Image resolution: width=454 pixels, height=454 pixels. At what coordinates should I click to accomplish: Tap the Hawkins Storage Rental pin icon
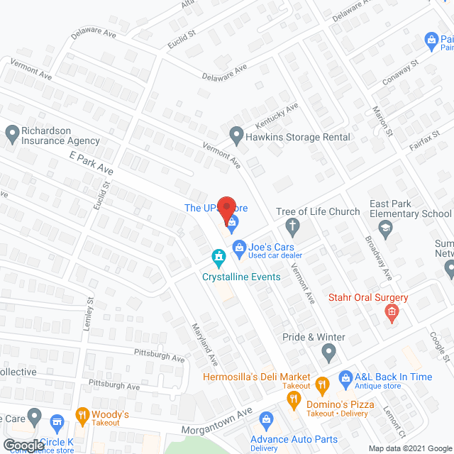(236, 133)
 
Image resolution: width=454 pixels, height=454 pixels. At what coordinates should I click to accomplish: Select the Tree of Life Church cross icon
(292, 227)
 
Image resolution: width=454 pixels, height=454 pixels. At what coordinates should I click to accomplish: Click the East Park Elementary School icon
(384, 227)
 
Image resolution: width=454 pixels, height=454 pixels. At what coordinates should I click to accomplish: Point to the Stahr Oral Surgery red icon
(390, 311)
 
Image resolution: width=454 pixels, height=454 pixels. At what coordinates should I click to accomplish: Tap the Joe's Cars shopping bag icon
(239, 246)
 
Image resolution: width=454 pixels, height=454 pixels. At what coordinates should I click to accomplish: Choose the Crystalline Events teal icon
(218, 255)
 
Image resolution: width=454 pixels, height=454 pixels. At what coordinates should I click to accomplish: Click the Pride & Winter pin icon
(328, 351)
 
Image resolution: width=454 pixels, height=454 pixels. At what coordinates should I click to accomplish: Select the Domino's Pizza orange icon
(294, 402)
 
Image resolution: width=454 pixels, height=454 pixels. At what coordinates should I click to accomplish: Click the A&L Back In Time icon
(345, 377)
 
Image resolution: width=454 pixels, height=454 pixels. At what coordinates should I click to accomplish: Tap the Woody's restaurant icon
(83, 416)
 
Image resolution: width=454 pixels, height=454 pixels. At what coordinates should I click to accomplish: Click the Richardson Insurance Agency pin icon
(12, 132)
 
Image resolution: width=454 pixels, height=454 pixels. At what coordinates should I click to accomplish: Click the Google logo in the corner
(23, 445)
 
